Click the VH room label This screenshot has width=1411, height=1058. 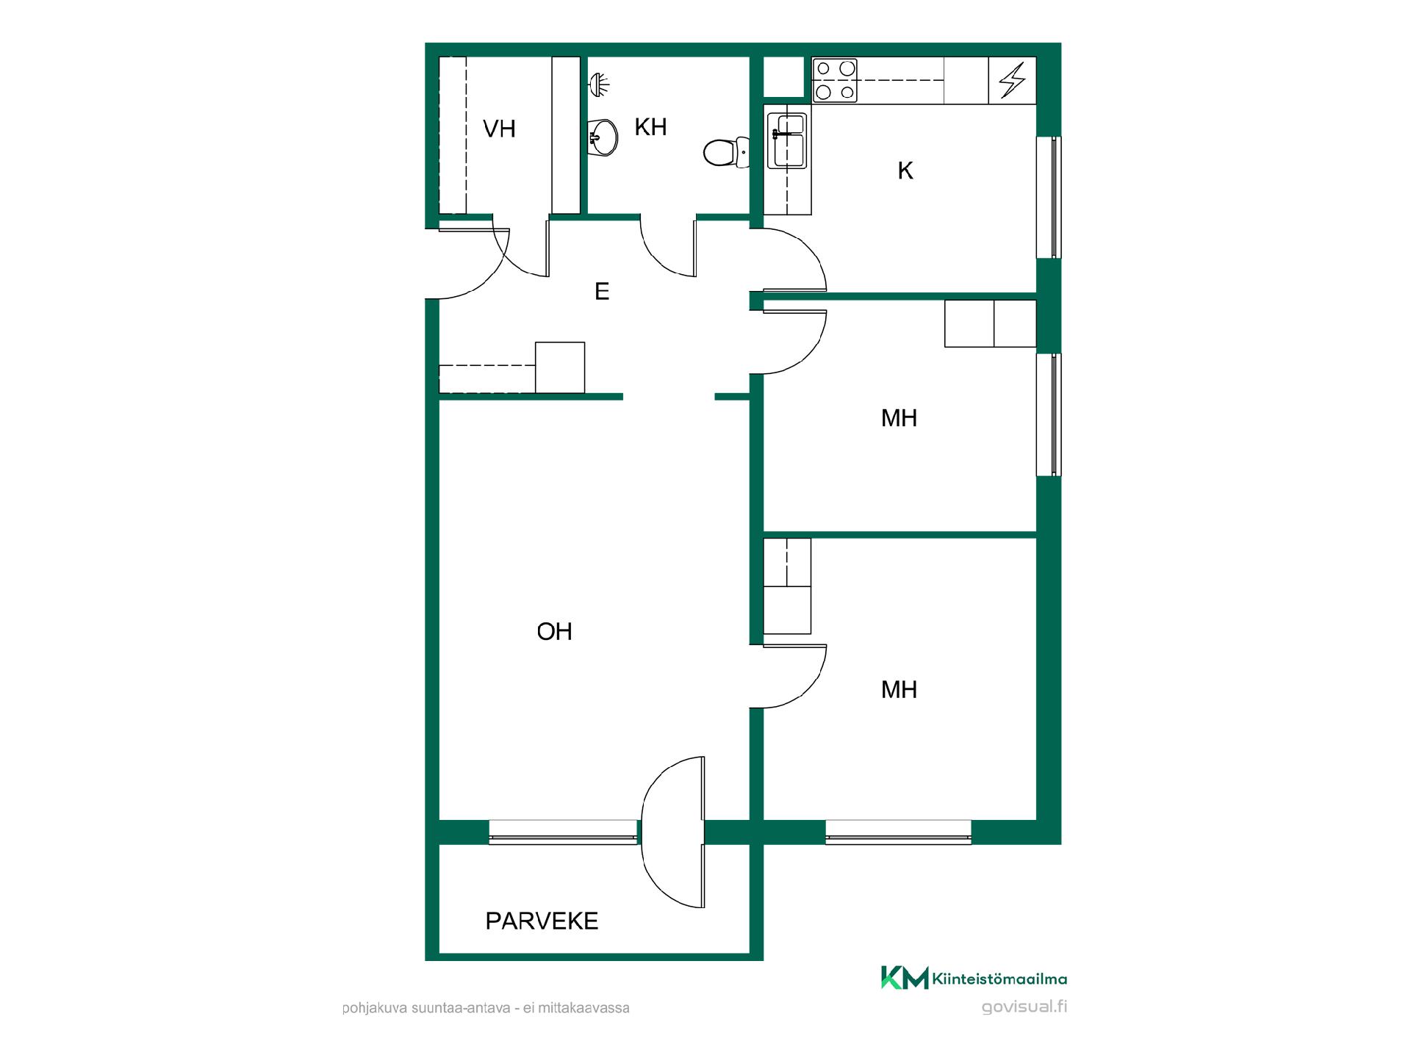tap(499, 129)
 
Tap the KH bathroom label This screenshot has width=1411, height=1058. tap(650, 127)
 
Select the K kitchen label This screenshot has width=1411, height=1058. tap(905, 171)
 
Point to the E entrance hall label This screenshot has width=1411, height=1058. tap(602, 292)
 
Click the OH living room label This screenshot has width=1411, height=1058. tap(554, 632)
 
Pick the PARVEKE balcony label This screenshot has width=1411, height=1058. tap(542, 921)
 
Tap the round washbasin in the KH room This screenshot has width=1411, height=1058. tap(603, 137)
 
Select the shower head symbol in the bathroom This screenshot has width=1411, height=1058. tap(599, 85)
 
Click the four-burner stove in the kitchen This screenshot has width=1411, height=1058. tap(836, 80)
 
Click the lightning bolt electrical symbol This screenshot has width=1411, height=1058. tap(1012, 80)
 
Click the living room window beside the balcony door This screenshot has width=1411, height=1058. tap(563, 832)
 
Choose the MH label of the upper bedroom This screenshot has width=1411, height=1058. tap(899, 419)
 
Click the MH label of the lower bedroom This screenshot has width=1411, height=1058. tap(899, 690)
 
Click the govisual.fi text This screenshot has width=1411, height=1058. tap(1024, 1007)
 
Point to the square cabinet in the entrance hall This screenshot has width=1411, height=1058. tap(560, 367)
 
